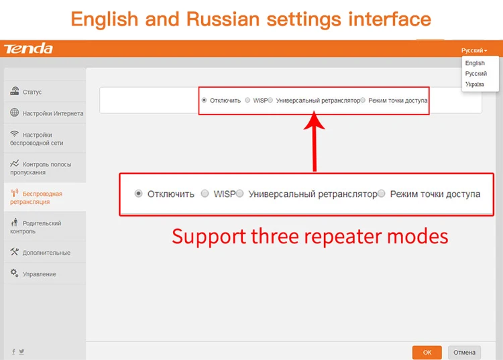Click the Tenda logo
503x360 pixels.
point(28,48)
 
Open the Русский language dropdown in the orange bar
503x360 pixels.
point(474,50)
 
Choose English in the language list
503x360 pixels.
point(475,63)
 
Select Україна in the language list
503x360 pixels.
point(474,84)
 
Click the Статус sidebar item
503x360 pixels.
point(26,92)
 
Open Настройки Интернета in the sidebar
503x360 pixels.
point(46,113)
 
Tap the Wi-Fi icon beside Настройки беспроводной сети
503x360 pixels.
point(15,133)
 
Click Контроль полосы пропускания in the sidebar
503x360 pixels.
point(40,168)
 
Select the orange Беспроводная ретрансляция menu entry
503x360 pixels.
point(36,198)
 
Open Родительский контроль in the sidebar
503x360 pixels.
point(36,227)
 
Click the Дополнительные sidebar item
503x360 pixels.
point(40,252)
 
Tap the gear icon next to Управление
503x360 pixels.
point(15,273)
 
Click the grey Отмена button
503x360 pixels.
point(464,353)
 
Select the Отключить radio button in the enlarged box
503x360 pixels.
point(138,194)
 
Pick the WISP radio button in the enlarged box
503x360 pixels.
point(205,193)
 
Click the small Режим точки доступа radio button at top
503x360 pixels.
point(363,100)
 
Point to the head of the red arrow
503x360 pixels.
point(314,111)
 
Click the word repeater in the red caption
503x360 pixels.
point(343,237)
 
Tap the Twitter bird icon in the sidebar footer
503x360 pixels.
point(21,351)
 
